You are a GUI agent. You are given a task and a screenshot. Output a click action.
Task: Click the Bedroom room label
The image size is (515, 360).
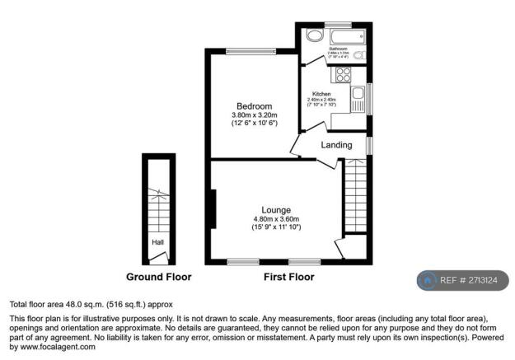click(254, 107)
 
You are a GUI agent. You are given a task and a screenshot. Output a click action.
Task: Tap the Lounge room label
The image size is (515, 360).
click(275, 210)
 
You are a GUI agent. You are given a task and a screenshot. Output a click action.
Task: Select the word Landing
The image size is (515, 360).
click(336, 145)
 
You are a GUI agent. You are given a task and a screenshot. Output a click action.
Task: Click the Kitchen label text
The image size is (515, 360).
click(321, 94)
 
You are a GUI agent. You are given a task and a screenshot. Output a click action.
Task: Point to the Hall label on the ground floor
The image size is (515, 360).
click(157, 242)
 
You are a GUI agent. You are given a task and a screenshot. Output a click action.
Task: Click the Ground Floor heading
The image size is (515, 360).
click(158, 277)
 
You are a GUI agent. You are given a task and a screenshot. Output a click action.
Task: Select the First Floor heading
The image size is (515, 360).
click(288, 277)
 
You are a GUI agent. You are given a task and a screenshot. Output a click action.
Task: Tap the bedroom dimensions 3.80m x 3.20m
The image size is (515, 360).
click(254, 115)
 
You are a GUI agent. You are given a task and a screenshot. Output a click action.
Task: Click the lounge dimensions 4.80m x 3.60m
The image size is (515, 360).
click(275, 219)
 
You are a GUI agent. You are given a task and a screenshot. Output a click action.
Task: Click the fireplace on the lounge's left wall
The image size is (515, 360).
click(213, 209)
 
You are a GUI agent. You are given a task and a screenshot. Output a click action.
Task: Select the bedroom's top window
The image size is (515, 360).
click(250, 52)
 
